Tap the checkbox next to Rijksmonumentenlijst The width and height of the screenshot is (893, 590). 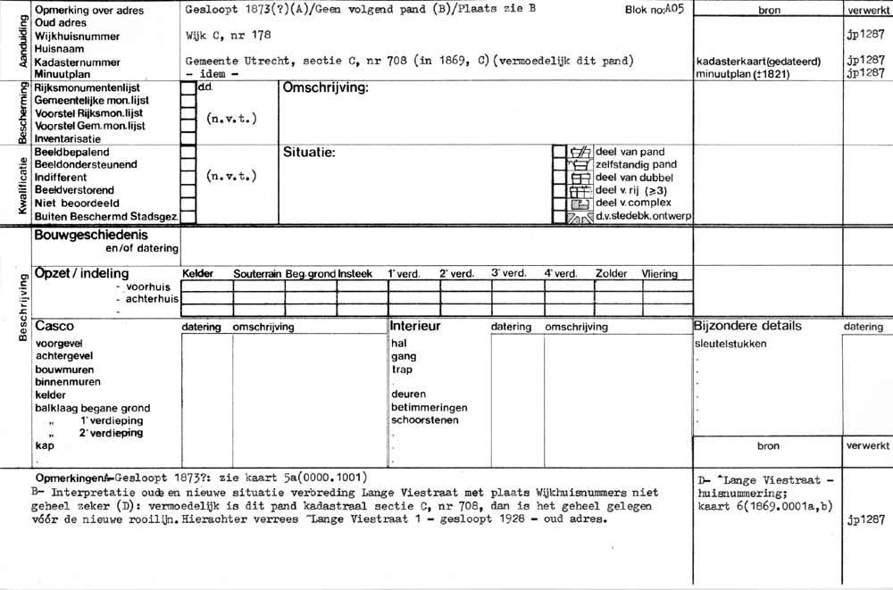tap(188, 89)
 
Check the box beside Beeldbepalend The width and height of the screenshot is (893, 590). tap(188, 153)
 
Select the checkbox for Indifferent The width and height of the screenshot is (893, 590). tap(188, 178)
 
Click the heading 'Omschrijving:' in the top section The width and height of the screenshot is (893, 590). tap(325, 89)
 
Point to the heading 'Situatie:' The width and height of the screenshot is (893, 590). tap(309, 154)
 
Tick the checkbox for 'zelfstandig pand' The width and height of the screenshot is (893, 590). tap(559, 165)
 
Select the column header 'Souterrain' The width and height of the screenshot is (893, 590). tap(258, 274)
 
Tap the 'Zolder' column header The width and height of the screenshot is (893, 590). tap(612, 274)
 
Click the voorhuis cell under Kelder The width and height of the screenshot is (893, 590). tap(206, 287)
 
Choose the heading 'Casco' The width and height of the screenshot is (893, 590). tap(54, 327)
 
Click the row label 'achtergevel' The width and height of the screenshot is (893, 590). tap(63, 356)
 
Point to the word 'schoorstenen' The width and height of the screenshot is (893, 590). tap(425, 420)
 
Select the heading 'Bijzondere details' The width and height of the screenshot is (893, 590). tap(747, 327)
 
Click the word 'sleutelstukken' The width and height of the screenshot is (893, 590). tap(730, 344)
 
